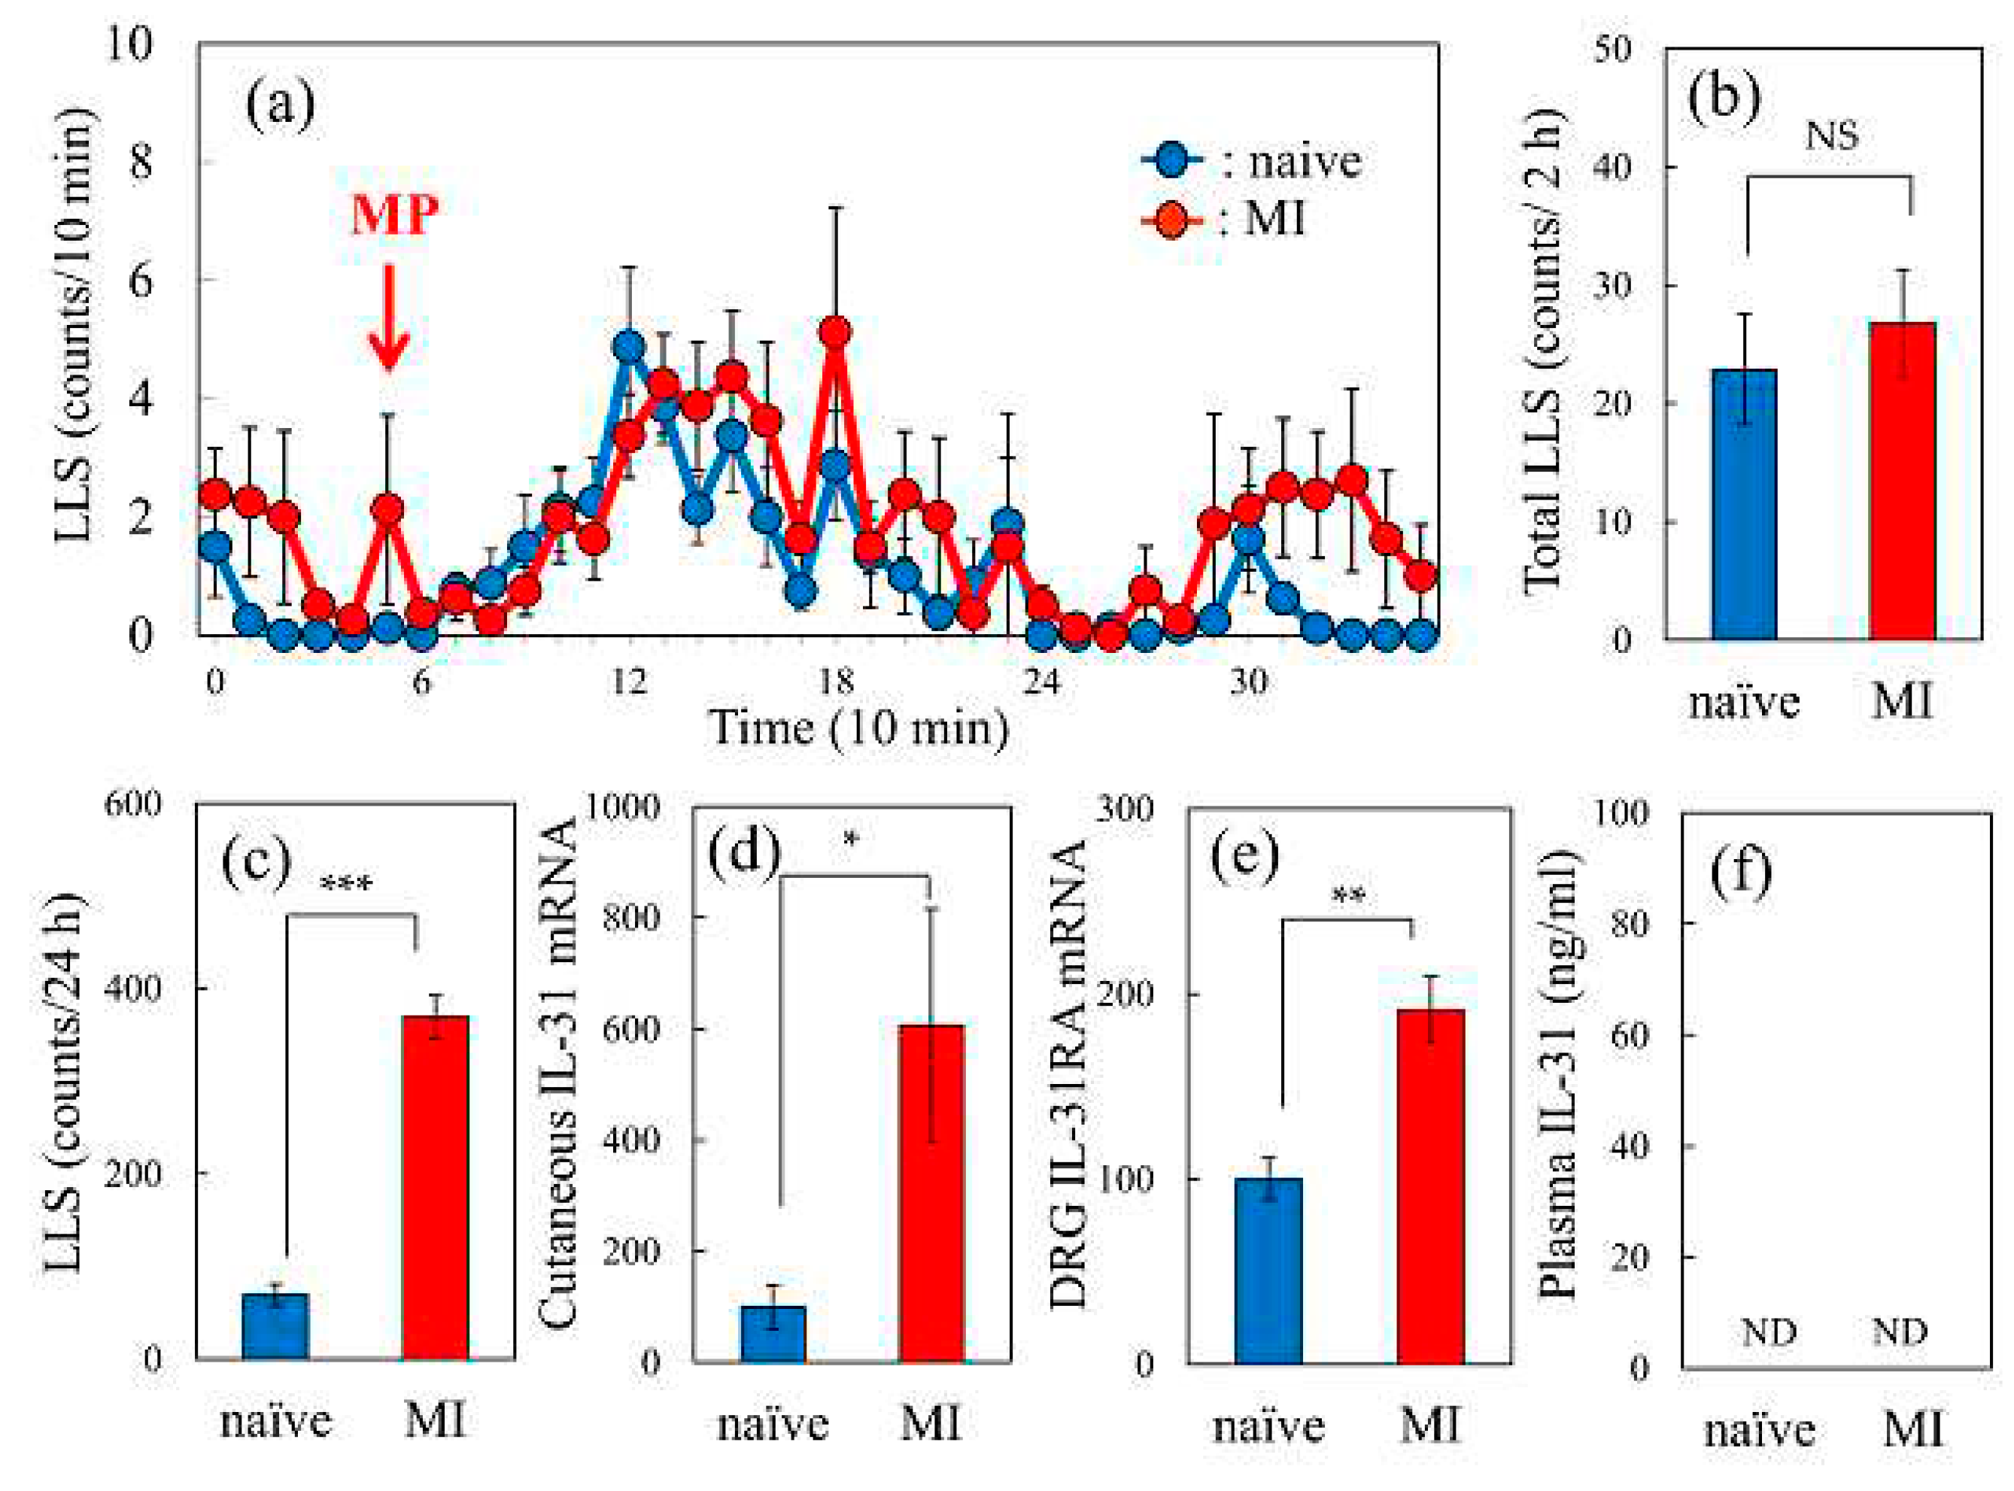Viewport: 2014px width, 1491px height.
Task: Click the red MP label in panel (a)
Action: [x=394, y=215]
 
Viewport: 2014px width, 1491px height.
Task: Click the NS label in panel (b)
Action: [x=1830, y=135]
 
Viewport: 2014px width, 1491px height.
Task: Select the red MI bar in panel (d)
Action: [x=931, y=1192]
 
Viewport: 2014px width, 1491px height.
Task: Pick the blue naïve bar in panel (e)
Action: [x=1268, y=1269]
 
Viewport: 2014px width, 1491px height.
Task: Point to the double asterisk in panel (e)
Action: [x=1347, y=896]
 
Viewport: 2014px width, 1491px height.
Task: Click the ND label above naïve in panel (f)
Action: [x=1767, y=1332]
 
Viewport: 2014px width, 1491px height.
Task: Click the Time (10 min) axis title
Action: [x=858, y=727]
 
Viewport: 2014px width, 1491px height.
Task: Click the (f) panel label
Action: [x=1740, y=870]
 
